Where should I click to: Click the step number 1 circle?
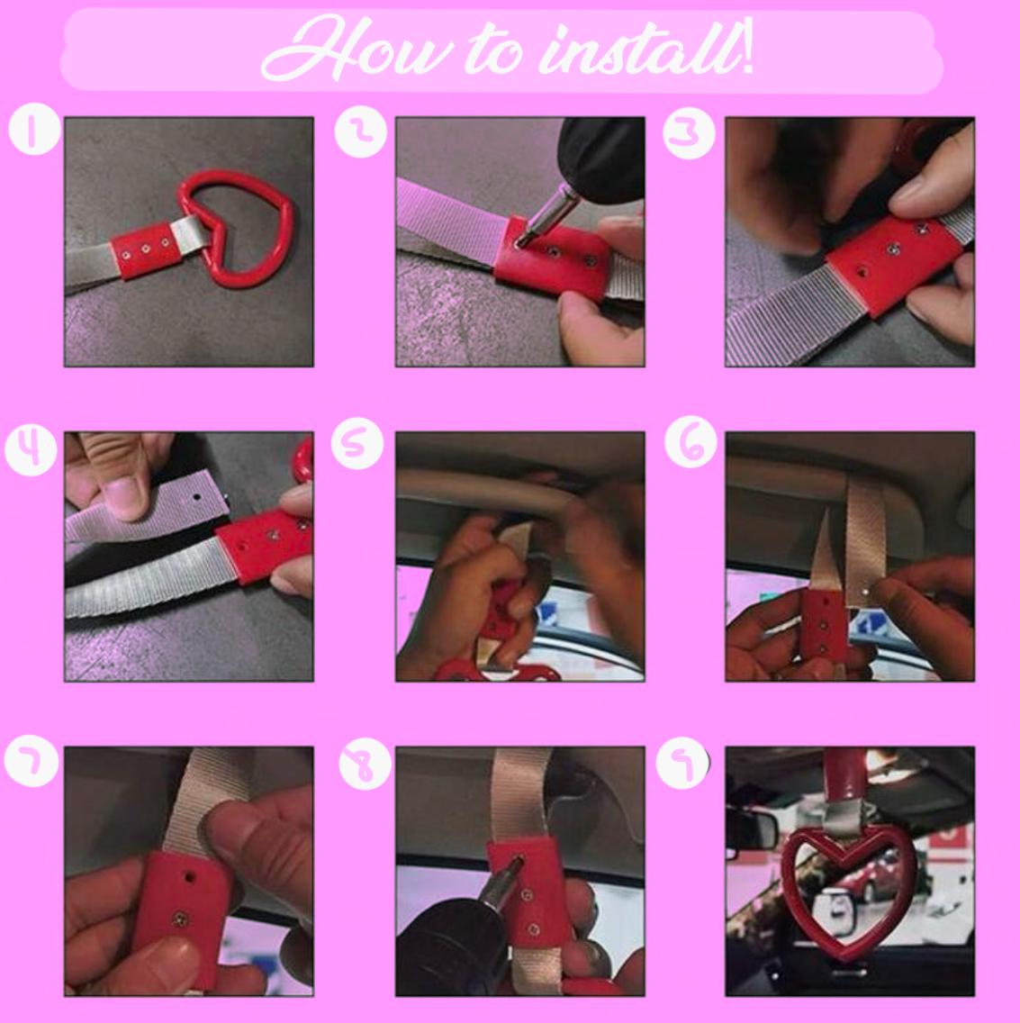34,129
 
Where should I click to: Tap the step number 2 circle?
361,131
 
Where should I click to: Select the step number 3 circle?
689,132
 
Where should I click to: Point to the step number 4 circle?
31,448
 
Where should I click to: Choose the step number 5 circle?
357,442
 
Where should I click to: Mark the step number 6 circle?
691,441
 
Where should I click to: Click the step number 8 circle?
366,764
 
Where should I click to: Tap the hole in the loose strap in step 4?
196,497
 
